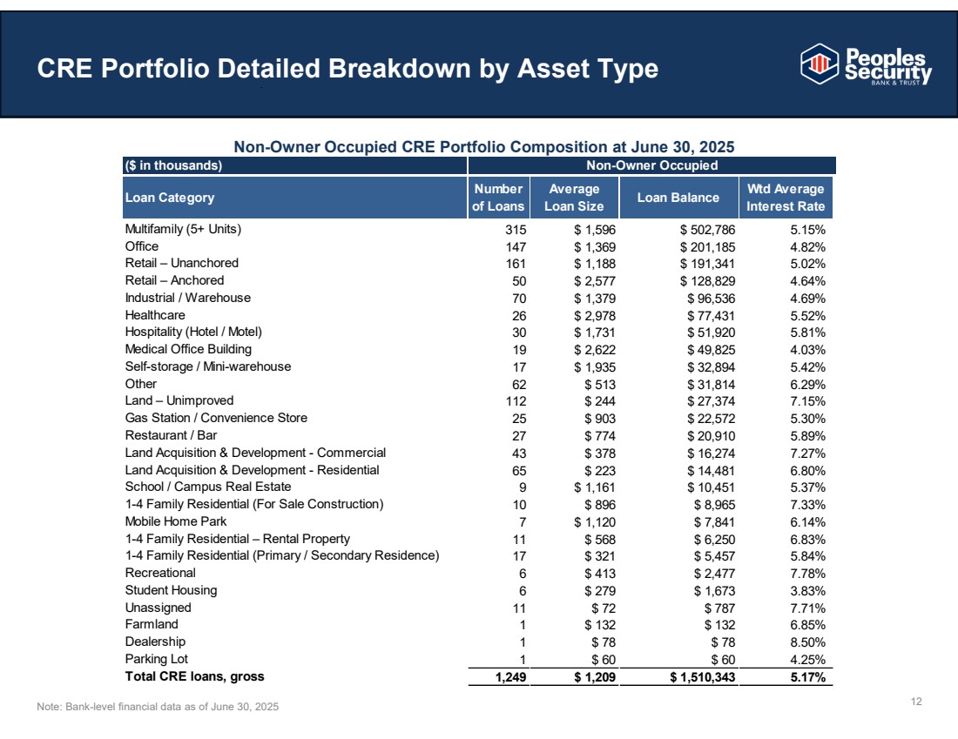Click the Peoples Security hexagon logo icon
coord(820,64)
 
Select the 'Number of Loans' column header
coord(498,198)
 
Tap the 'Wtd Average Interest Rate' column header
coord(786,198)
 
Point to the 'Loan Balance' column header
coord(678,198)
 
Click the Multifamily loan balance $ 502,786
coord(707,230)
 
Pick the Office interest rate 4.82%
coord(807,246)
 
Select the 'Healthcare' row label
coord(155,315)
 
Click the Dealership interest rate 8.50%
coord(807,642)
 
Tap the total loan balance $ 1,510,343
coord(703,676)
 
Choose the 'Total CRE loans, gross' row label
coord(195,676)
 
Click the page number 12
coord(916,701)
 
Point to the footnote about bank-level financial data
coord(158,707)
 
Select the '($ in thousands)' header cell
coord(173,165)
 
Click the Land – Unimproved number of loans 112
coord(516,401)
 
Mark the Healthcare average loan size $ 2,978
coord(595,316)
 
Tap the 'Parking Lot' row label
coord(157,659)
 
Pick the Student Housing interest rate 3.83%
coord(807,590)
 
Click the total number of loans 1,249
coord(510,676)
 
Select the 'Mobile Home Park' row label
coord(176,521)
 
